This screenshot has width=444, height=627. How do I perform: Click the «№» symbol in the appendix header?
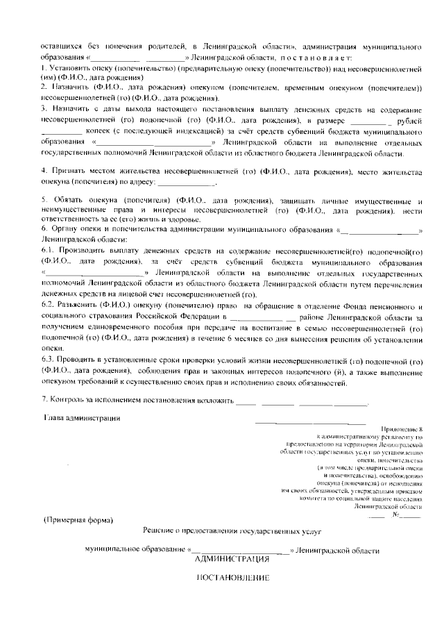pyautogui.click(x=396, y=515)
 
